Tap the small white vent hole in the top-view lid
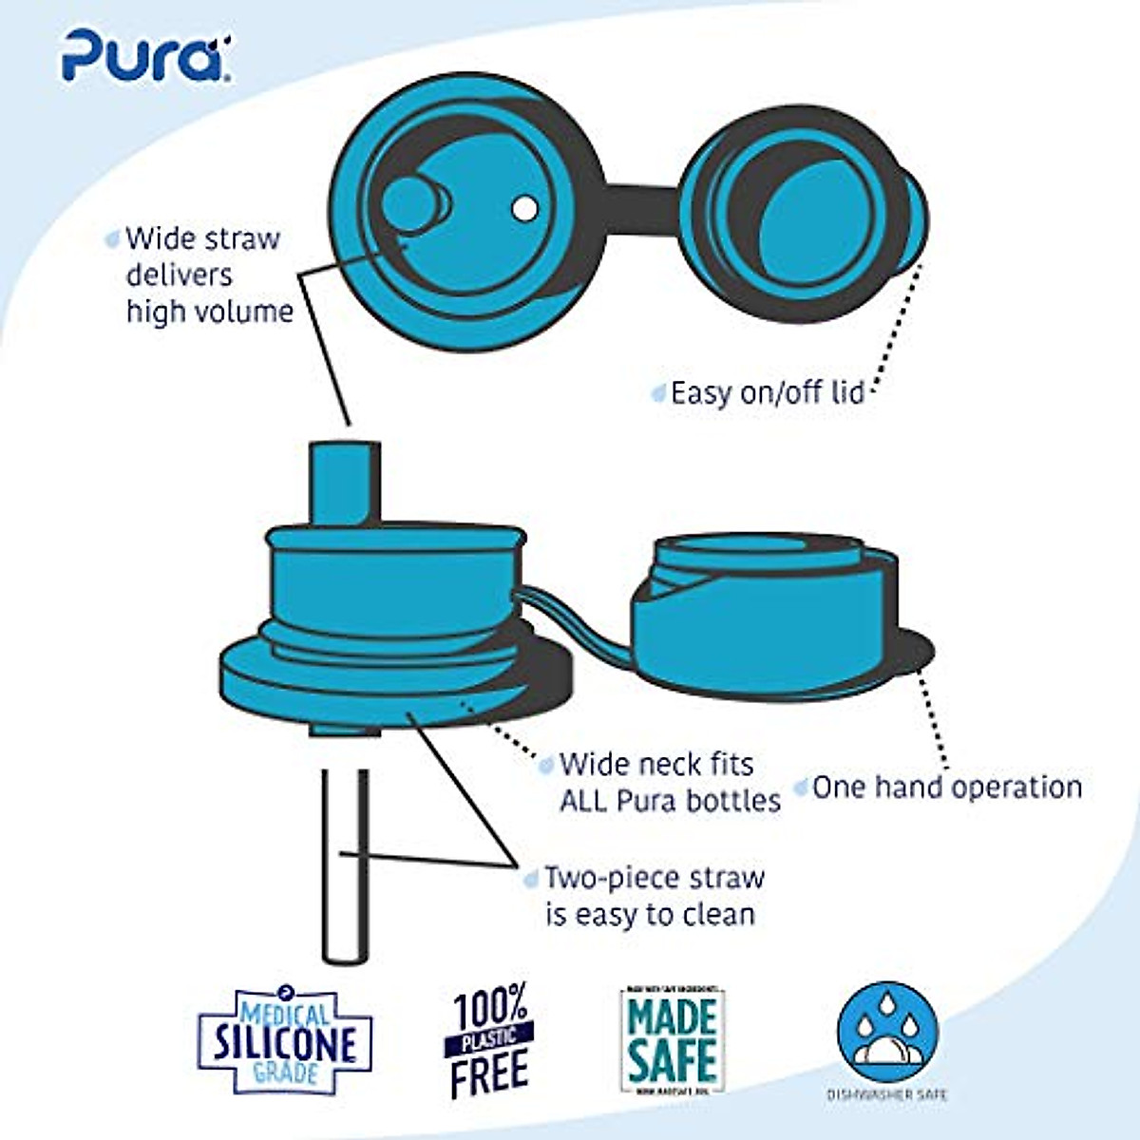pos(524,208)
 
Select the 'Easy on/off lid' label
pos(767,392)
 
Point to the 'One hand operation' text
pos(947,788)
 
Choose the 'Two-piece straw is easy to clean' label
pos(654,896)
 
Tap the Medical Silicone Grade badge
pos(285,1039)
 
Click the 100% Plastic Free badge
pos(490,1041)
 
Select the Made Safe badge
pos(672,1041)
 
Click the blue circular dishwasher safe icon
pos(887,1032)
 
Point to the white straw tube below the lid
pos(344,864)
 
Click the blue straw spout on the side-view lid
pos(345,480)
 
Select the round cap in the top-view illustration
pos(803,213)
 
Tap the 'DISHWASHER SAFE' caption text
pos(887,1095)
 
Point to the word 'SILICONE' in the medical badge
pos(285,1042)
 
